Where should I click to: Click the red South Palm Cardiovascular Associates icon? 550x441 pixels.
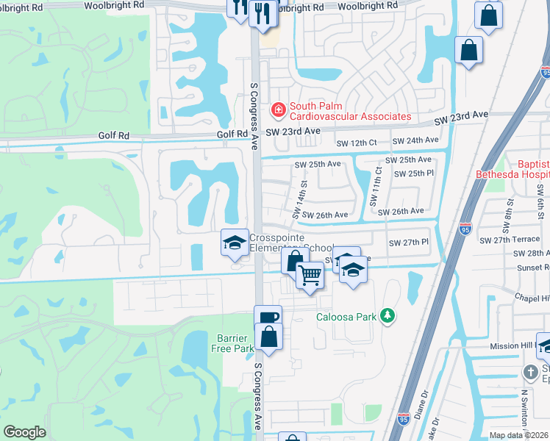tap(279, 111)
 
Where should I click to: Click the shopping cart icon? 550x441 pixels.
tap(310, 276)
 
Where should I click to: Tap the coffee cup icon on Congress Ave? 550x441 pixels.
tap(268, 318)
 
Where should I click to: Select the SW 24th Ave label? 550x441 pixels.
tap(415, 140)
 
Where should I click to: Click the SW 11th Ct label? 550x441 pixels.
tap(379, 184)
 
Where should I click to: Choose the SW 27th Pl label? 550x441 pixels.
tap(408, 242)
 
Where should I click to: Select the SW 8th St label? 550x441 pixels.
tap(509, 209)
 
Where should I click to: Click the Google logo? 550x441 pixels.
tap(24, 432)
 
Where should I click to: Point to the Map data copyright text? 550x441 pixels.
tap(519, 435)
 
